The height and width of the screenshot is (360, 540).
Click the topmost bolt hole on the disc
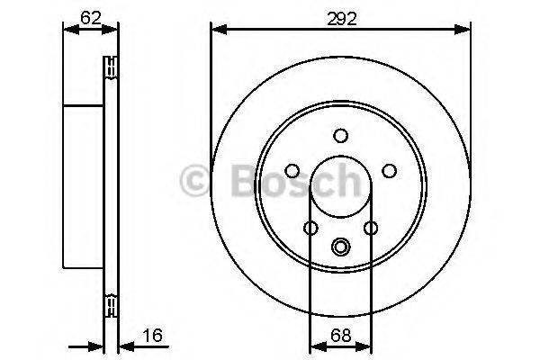click(340, 136)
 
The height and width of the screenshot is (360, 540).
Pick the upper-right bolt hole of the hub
click(389, 170)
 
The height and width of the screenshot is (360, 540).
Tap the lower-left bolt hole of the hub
click(310, 228)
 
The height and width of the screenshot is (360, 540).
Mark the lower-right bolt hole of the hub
click(370, 228)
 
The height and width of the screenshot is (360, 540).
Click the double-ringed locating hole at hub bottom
click(340, 245)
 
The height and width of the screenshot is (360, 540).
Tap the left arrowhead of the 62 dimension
click(68, 31)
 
